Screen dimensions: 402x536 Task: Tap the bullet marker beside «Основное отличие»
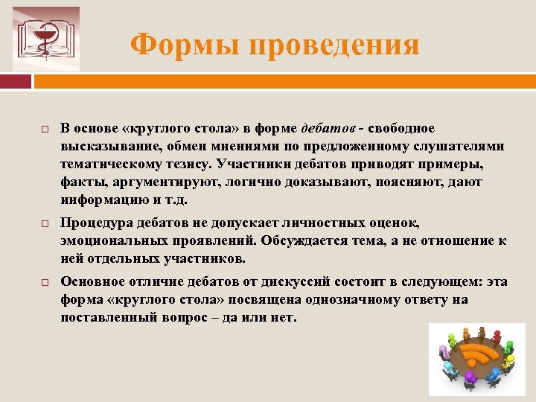click(x=45, y=284)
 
